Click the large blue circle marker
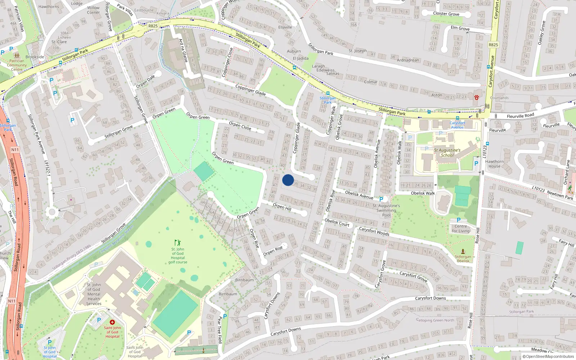[x=288, y=180]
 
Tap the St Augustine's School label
[x=447, y=153]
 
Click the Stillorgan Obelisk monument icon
[x=463, y=252]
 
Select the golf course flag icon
[x=177, y=243]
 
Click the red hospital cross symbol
[x=112, y=322]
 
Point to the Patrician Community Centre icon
[x=17, y=56]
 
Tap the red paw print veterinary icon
[x=477, y=97]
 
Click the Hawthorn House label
[x=494, y=164]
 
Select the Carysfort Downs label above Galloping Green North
[x=431, y=298]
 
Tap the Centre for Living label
[x=461, y=229]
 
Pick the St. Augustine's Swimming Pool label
[x=386, y=210]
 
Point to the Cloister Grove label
[x=446, y=14]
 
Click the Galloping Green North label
[x=435, y=320]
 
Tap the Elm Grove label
[x=460, y=28]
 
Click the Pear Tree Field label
[x=220, y=330]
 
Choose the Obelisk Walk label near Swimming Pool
[x=423, y=193]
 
